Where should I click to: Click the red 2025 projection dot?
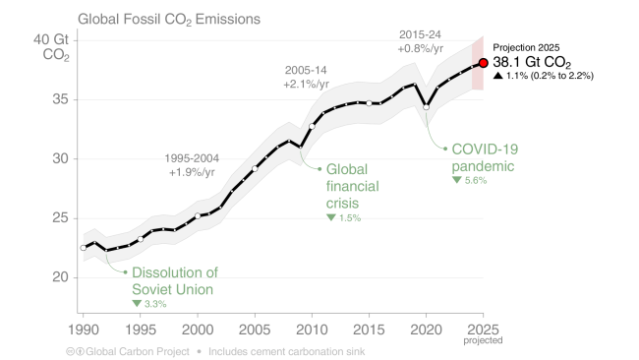click(x=483, y=63)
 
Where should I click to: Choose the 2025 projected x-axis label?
click(x=483, y=331)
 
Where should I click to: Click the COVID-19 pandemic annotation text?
click(x=485, y=157)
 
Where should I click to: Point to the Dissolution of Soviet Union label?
click(x=174, y=280)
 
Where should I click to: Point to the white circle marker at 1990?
click(x=83, y=248)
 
